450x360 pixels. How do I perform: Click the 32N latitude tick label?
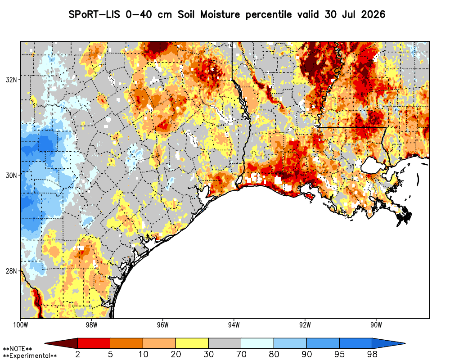[x=11, y=80]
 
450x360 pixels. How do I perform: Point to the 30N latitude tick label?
[x=11, y=175]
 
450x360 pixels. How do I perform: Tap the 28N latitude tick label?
[x=11, y=271]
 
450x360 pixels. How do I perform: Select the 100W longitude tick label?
[x=20, y=325]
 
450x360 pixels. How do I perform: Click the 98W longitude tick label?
[x=91, y=325]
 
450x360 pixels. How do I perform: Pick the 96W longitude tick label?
[x=163, y=325]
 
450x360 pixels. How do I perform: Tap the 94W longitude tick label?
[x=234, y=325]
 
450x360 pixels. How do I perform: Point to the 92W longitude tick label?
[x=305, y=325]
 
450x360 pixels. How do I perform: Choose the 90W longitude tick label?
[x=376, y=325]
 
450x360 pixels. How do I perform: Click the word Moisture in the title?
[x=220, y=14]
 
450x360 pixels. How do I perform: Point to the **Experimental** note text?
[x=30, y=356]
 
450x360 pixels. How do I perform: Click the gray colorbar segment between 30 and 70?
[x=225, y=343]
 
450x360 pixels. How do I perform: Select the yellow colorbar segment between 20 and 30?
[x=192, y=343]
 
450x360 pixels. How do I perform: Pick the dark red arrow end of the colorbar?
[x=61, y=343]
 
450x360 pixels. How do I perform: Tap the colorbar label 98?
[x=372, y=355]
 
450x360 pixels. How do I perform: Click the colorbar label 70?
[x=241, y=355]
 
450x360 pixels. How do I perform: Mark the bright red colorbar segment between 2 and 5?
[x=94, y=343]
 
